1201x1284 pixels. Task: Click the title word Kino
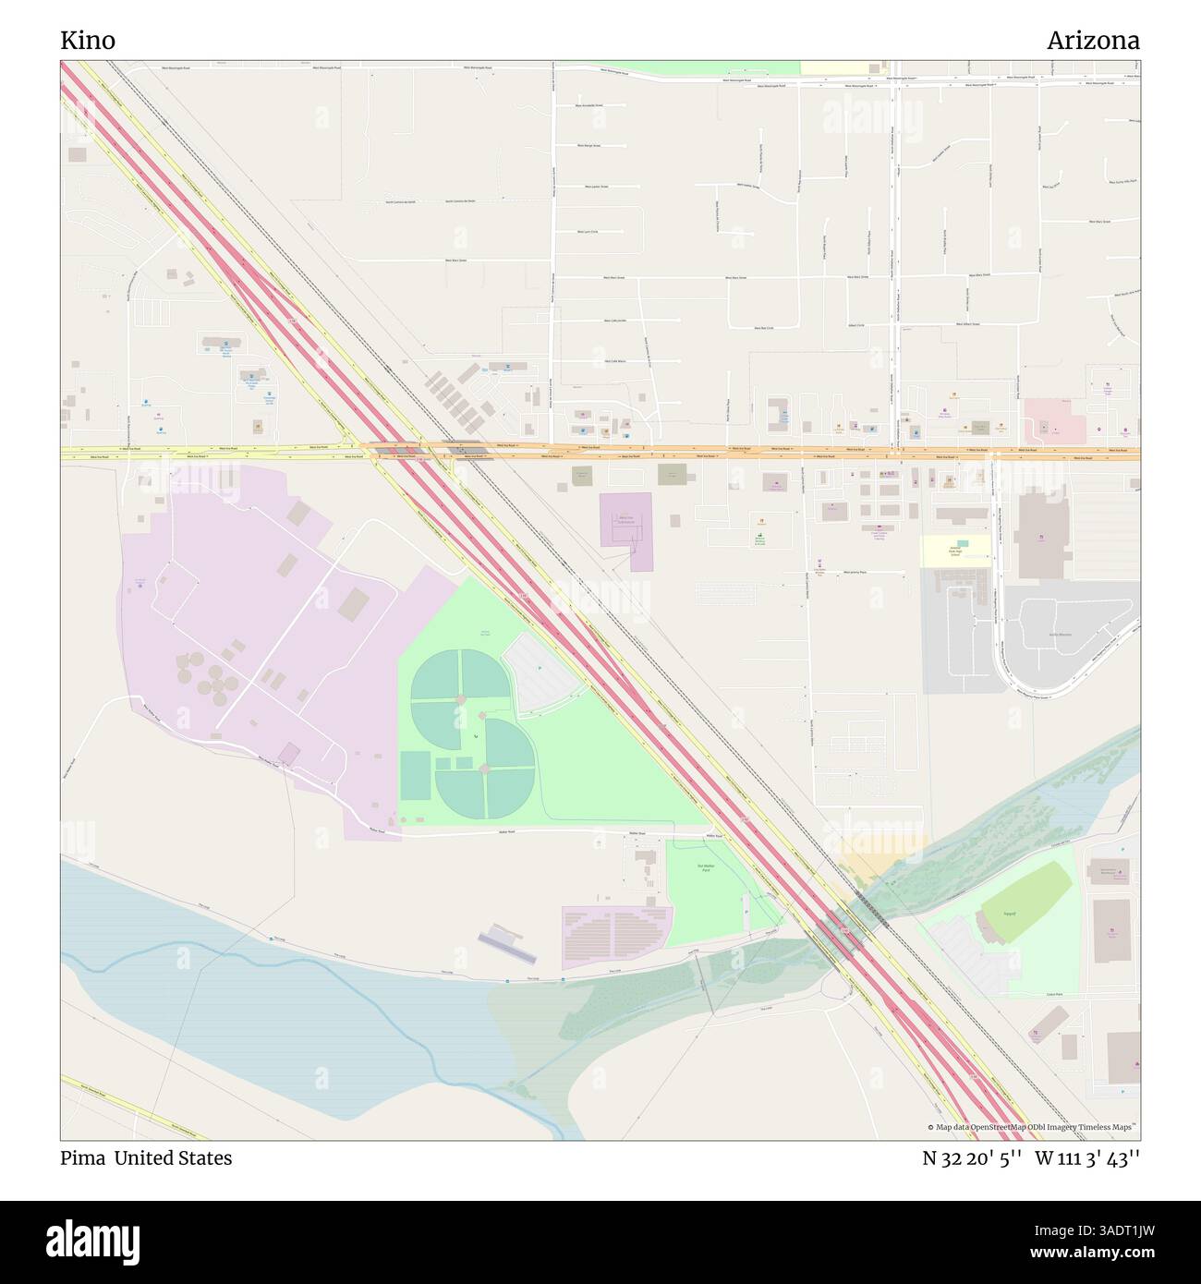[88, 41]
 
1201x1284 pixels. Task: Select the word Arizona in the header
[1093, 41]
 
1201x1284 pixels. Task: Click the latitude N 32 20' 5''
[971, 1157]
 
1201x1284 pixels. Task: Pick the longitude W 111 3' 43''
[1087, 1157]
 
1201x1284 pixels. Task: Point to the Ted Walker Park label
[706, 868]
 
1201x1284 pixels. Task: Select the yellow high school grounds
[955, 551]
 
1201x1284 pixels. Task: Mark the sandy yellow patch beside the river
[868, 866]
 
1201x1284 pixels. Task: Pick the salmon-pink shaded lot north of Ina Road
[1053, 420]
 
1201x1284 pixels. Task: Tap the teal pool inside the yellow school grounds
[964, 542]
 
